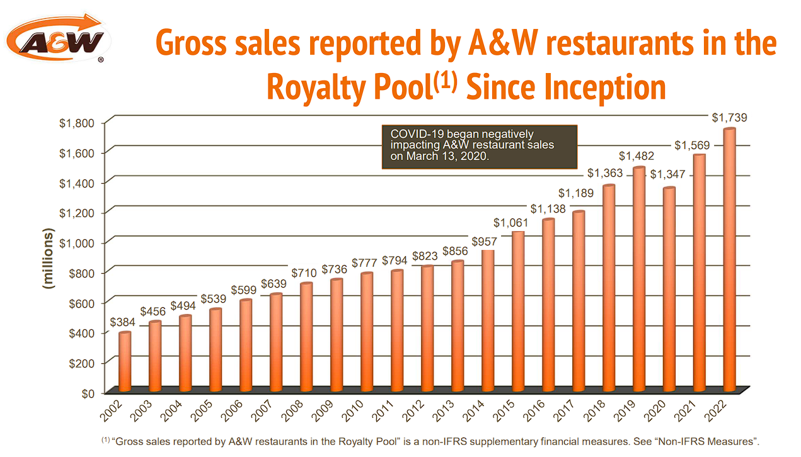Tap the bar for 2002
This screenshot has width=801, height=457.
coord(125,361)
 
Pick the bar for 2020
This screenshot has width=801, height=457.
coord(669,289)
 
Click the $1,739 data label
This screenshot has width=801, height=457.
coord(729,118)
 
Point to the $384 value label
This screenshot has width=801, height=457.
coord(123,322)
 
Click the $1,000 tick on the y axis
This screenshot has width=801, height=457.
coord(76,243)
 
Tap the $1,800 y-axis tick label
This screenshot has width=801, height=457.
coord(76,123)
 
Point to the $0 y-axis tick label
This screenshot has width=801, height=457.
coord(87,393)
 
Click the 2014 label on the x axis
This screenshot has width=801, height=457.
coord(484,411)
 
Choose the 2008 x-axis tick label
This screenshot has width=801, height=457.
coord(303,411)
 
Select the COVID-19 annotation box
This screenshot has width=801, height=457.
coord(479,146)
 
